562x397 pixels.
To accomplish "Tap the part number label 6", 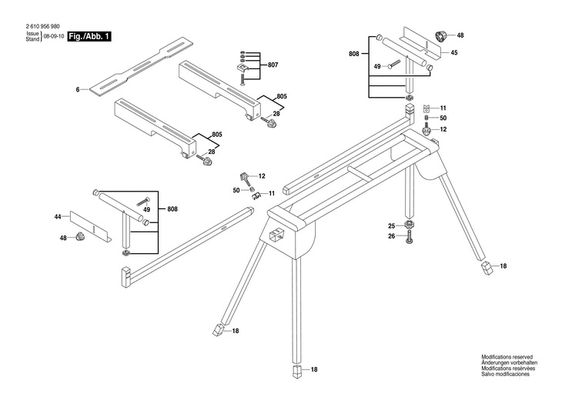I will (x=78, y=91).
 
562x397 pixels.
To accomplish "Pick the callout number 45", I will (x=454, y=52).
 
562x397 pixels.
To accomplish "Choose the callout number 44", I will (x=58, y=218).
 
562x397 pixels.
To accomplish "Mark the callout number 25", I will (x=391, y=226).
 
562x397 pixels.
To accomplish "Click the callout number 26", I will (x=391, y=237).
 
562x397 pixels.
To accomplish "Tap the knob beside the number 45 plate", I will (x=442, y=35).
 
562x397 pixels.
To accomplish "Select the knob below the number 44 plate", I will (x=80, y=238).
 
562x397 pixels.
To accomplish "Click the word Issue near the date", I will (x=32, y=34).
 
